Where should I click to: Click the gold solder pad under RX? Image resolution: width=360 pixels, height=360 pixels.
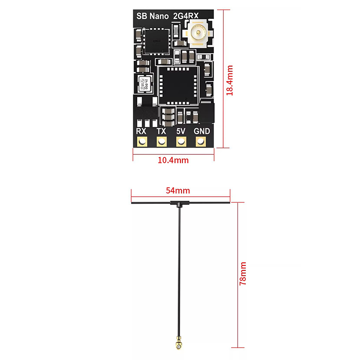(x=142, y=142)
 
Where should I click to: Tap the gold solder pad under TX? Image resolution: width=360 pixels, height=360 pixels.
(x=161, y=142)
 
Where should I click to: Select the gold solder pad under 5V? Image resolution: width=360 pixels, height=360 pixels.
(x=181, y=142)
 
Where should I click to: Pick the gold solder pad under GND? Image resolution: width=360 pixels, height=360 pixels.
(x=201, y=142)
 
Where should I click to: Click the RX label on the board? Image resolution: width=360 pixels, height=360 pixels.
(x=141, y=131)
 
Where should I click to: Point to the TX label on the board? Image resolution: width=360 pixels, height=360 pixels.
(x=161, y=131)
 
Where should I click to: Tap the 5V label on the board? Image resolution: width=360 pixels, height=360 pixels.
(x=181, y=131)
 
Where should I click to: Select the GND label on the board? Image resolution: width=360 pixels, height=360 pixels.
(x=201, y=131)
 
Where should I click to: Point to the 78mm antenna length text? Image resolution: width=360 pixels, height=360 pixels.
(x=243, y=274)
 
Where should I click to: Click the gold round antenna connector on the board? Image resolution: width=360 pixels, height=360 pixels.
(x=197, y=34)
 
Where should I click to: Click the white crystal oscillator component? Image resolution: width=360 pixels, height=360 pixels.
(x=145, y=85)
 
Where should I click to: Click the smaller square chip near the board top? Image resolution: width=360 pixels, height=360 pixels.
(x=155, y=40)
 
